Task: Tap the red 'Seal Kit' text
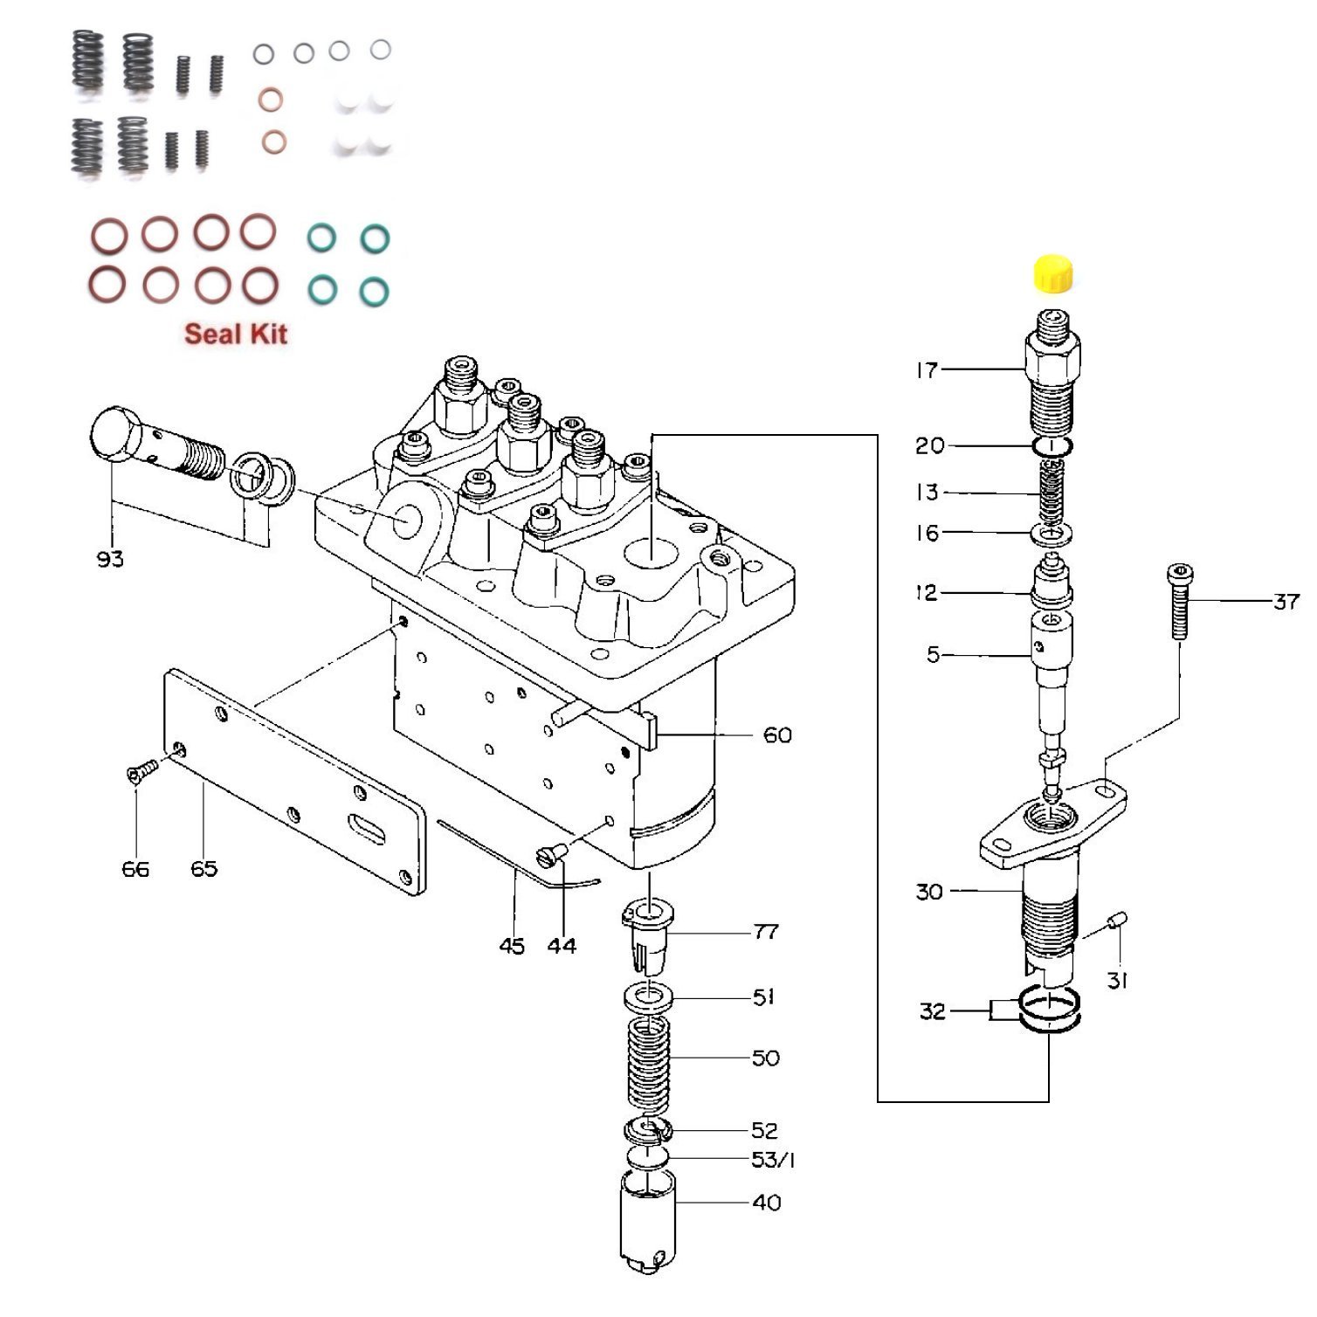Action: point(235,334)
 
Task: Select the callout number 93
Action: point(110,559)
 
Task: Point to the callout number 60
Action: point(776,735)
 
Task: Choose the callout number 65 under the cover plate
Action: point(203,869)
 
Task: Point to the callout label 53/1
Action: point(773,1160)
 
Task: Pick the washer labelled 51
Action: point(648,996)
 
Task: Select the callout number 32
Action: point(932,1011)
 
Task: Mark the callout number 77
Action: point(765,932)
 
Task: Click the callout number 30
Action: point(929,892)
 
